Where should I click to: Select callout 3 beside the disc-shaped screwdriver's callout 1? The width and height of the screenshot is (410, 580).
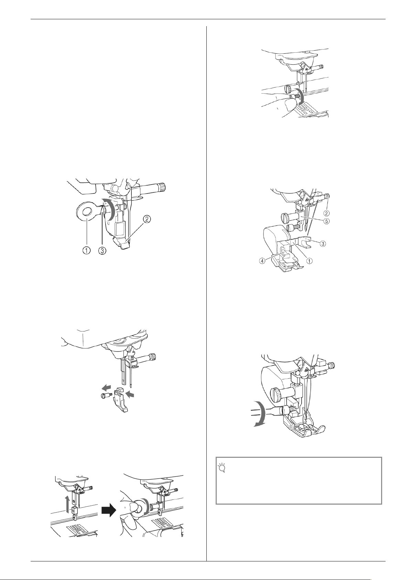(102, 250)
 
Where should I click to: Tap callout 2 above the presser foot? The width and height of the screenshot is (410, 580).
(147, 220)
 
